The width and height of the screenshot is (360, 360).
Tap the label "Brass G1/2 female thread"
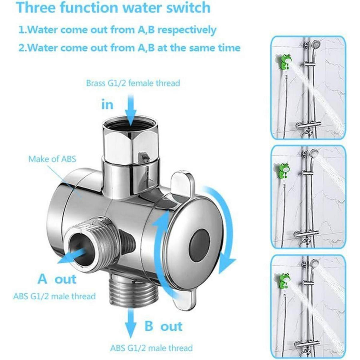(x=133, y=83)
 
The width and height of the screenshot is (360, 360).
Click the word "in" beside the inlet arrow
(x=107, y=105)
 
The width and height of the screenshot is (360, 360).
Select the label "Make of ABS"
(x=52, y=159)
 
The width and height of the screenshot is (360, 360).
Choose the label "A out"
(x=57, y=279)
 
